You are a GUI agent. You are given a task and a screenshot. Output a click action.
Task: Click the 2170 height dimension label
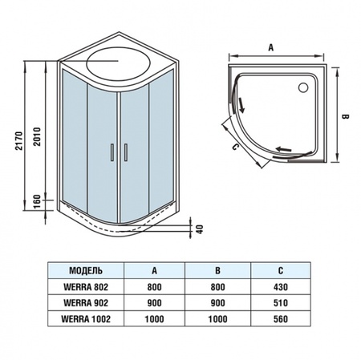19,140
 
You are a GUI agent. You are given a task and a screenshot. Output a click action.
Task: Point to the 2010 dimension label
37,136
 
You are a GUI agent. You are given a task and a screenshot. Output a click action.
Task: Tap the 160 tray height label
37,202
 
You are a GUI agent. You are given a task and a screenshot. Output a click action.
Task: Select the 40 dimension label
200,229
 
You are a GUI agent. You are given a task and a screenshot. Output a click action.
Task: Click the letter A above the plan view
271,48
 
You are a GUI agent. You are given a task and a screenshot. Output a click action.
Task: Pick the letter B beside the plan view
345,117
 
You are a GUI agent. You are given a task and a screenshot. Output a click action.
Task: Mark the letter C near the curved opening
234,147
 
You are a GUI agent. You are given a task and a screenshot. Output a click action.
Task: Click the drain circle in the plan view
303,87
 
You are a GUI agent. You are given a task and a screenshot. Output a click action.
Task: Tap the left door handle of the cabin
112,152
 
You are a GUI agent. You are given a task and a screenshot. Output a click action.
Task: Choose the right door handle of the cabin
125,152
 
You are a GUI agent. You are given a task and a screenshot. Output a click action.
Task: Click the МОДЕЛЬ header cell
86,270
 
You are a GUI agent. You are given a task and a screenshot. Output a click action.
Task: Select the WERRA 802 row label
86,287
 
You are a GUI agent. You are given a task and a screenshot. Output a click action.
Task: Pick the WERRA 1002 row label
86,319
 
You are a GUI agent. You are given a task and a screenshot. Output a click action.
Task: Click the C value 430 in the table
281,287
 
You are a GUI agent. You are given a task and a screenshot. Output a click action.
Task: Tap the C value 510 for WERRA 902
281,303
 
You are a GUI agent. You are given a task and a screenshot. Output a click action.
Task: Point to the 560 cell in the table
281,319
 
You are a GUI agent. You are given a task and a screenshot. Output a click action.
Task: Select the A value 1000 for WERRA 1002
154,319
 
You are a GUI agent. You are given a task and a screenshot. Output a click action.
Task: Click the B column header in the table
217,270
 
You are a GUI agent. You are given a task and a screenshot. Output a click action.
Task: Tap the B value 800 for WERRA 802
217,287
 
